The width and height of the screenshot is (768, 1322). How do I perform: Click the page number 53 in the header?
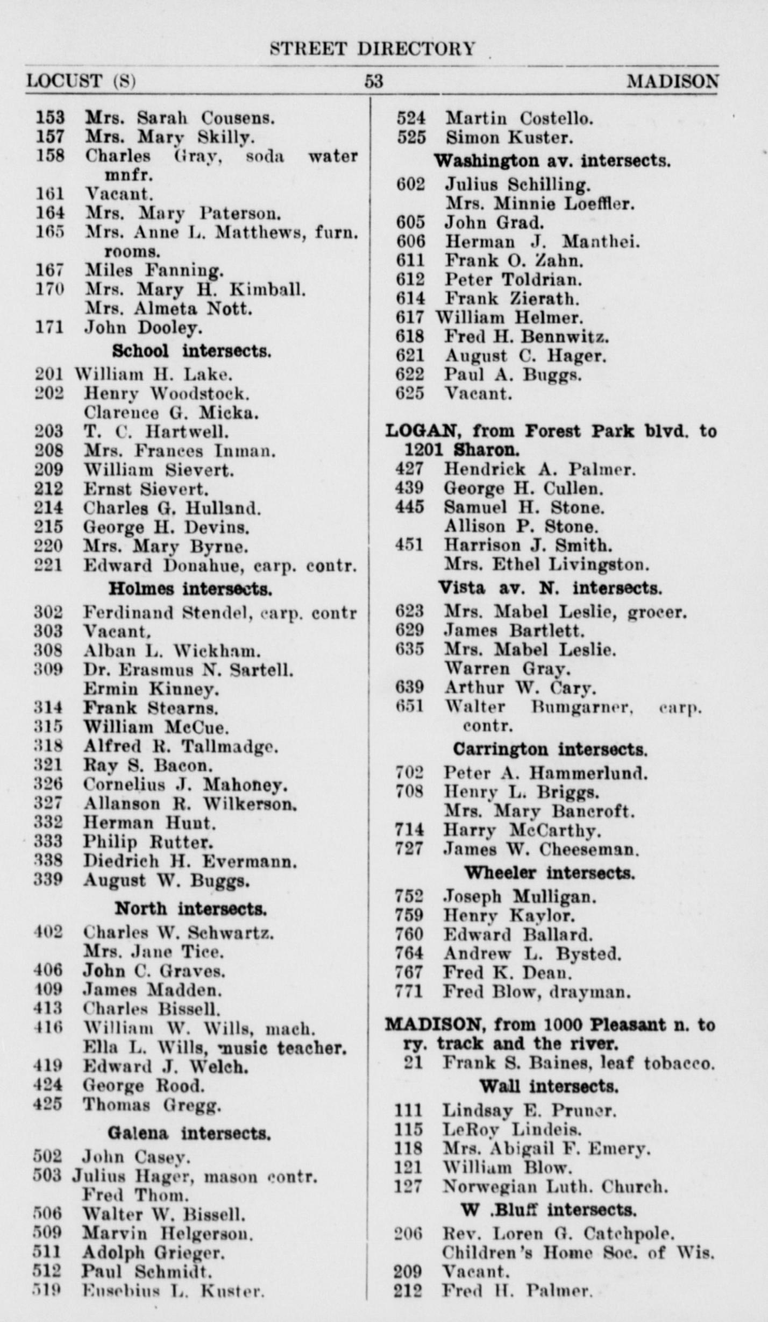click(374, 81)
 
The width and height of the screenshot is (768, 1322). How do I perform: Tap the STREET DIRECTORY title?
click(372, 49)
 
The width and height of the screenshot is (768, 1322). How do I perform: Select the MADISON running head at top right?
click(672, 82)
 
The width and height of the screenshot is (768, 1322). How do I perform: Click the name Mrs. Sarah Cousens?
click(180, 117)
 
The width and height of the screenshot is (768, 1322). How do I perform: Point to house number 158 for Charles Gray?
click(50, 156)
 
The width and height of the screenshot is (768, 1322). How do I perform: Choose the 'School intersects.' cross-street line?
click(191, 351)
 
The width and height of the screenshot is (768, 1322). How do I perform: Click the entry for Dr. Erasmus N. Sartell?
click(188, 670)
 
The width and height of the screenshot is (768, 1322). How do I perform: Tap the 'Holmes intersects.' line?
click(190, 589)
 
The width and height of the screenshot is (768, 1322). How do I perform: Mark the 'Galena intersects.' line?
click(189, 1134)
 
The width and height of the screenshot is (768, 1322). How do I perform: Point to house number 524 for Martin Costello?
click(411, 118)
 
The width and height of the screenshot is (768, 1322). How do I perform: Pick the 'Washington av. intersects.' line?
click(552, 161)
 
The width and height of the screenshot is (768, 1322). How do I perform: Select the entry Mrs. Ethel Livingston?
click(546, 565)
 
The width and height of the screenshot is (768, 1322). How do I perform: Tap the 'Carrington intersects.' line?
click(550, 749)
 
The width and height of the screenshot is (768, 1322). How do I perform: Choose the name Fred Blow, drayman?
click(536, 992)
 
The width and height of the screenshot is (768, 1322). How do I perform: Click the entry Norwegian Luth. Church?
click(555, 1186)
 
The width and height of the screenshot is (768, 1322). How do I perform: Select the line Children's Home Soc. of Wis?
click(578, 1253)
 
